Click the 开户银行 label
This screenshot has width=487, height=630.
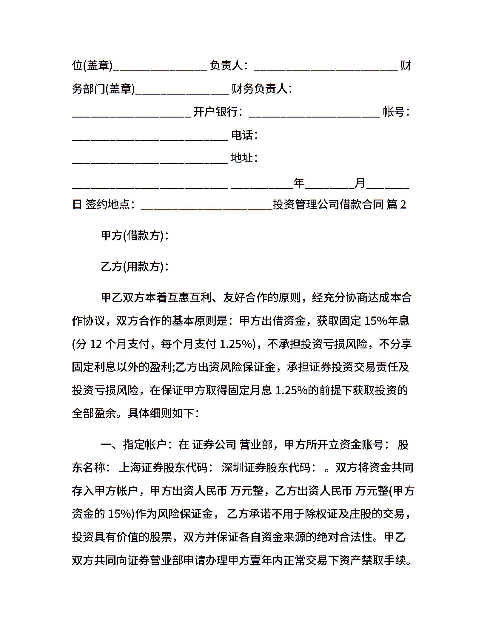click(x=217, y=112)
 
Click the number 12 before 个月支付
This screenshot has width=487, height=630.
click(x=96, y=344)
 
